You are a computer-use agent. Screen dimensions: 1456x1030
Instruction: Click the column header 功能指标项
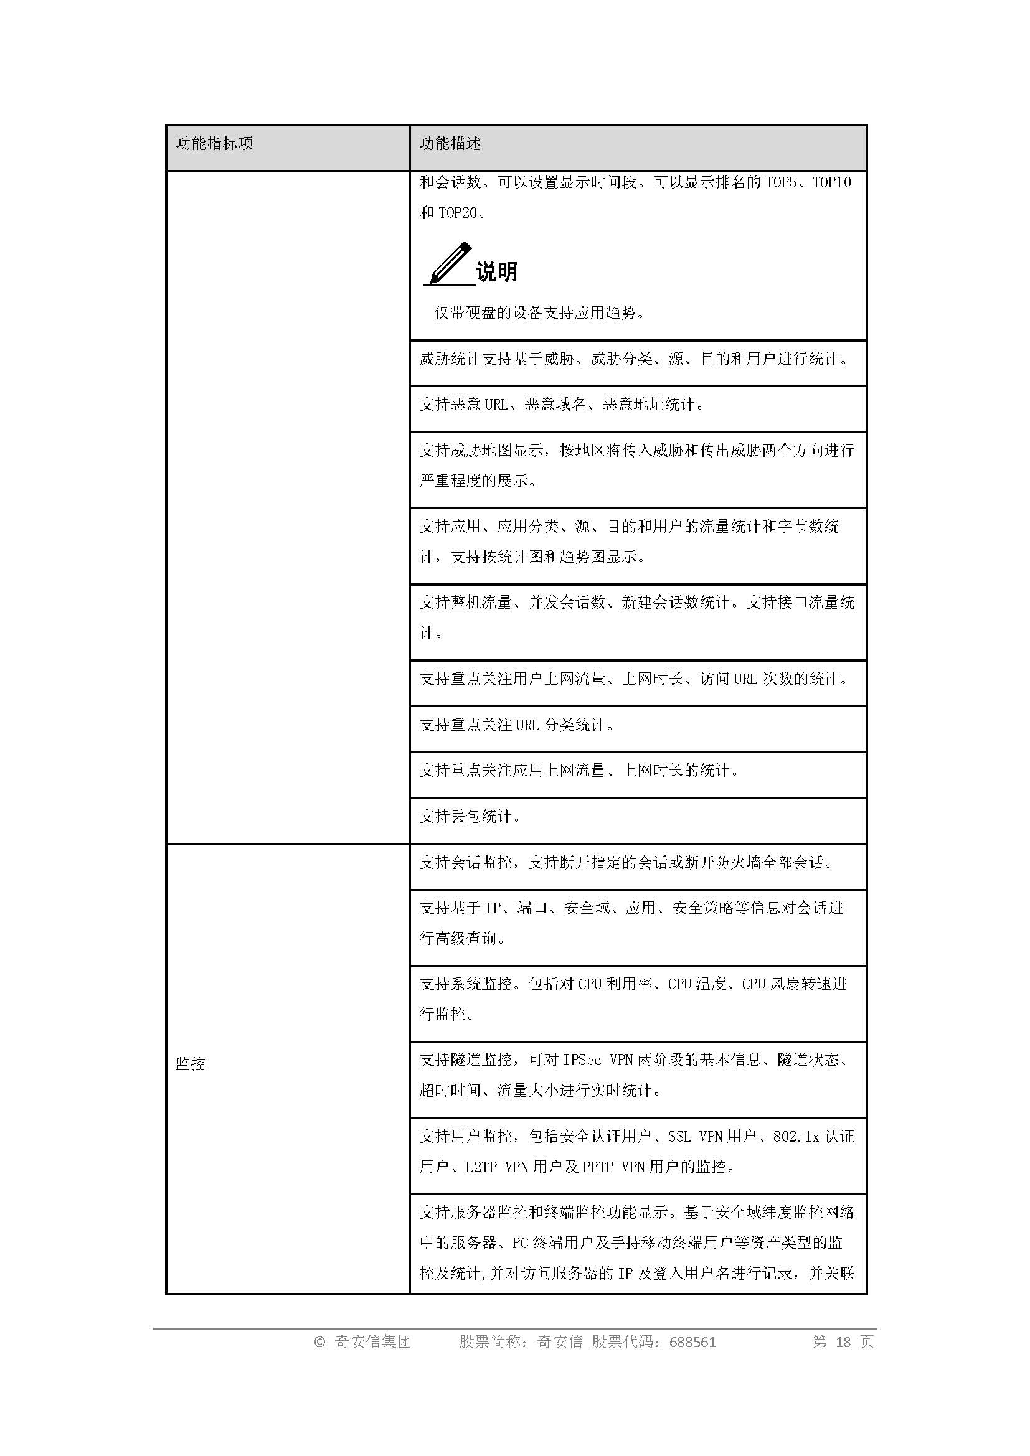point(214,144)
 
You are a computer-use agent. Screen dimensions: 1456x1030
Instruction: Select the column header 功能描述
point(450,144)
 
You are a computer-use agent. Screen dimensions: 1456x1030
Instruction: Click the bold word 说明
point(496,271)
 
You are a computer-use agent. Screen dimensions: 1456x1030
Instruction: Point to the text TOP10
point(831,182)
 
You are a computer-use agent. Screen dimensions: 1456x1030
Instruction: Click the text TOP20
point(457,213)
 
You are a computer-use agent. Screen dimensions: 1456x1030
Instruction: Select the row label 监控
point(191,1064)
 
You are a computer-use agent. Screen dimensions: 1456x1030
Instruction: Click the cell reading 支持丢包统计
point(470,817)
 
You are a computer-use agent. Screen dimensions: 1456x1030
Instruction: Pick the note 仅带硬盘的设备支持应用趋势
point(539,312)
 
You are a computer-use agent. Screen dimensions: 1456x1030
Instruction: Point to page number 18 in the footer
point(843,1342)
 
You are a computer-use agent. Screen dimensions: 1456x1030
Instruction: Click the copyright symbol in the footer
point(319,1342)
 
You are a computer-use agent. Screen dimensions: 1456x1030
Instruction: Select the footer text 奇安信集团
point(372,1342)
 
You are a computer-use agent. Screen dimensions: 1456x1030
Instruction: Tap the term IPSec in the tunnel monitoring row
point(582,1059)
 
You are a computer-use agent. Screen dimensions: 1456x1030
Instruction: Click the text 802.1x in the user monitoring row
point(796,1137)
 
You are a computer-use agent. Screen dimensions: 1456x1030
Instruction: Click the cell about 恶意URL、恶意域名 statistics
point(561,405)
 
